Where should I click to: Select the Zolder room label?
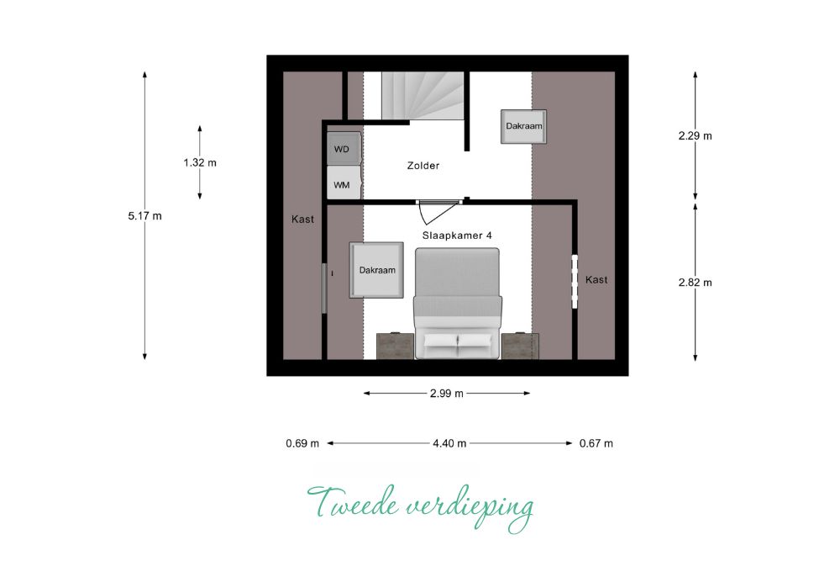[423, 166]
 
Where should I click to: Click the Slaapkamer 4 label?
[457, 236]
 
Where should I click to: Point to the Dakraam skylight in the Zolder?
[524, 126]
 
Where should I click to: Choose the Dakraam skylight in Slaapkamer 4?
[376, 270]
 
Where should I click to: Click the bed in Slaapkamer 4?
[458, 304]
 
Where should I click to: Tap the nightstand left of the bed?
[396, 346]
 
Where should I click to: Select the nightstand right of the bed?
[520, 346]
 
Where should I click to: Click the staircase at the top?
[423, 96]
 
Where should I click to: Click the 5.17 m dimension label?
[144, 216]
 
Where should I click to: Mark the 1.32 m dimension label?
[200, 162]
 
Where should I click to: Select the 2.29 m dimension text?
[696, 135]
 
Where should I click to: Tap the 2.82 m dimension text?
[696, 283]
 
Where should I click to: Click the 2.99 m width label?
[447, 393]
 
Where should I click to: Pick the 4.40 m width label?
[449, 443]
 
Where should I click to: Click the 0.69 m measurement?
[302, 443]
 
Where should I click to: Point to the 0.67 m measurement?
[596, 443]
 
